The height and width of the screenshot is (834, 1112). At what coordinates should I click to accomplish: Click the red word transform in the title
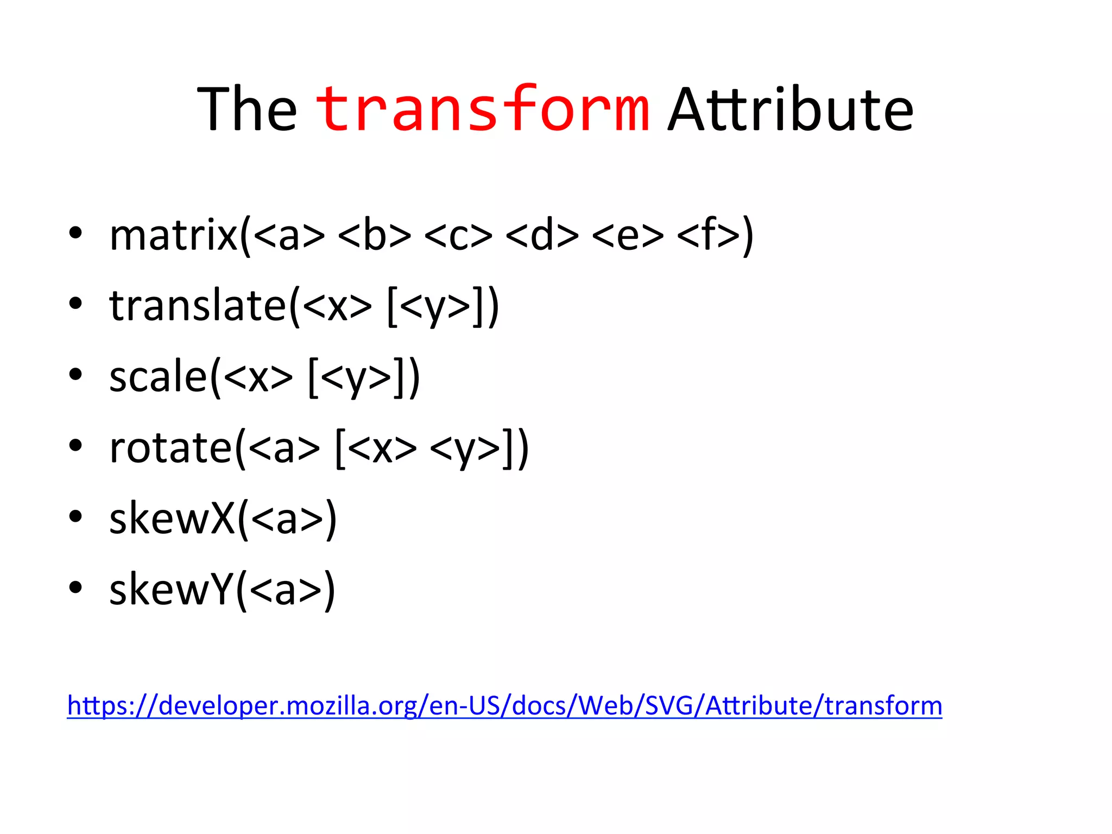click(x=482, y=110)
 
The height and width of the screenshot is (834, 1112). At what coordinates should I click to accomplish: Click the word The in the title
click(x=247, y=110)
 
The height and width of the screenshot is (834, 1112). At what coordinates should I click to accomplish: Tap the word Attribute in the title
click(x=791, y=110)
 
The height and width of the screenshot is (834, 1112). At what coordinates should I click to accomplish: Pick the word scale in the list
click(x=158, y=377)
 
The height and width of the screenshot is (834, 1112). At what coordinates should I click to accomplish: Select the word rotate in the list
click(x=170, y=448)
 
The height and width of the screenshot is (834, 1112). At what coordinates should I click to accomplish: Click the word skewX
click(x=172, y=519)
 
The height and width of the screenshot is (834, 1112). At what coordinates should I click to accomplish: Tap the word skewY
click(x=171, y=590)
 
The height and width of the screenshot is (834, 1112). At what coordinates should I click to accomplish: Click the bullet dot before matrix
click(x=75, y=233)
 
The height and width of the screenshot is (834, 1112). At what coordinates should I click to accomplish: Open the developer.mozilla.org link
click(x=504, y=706)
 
